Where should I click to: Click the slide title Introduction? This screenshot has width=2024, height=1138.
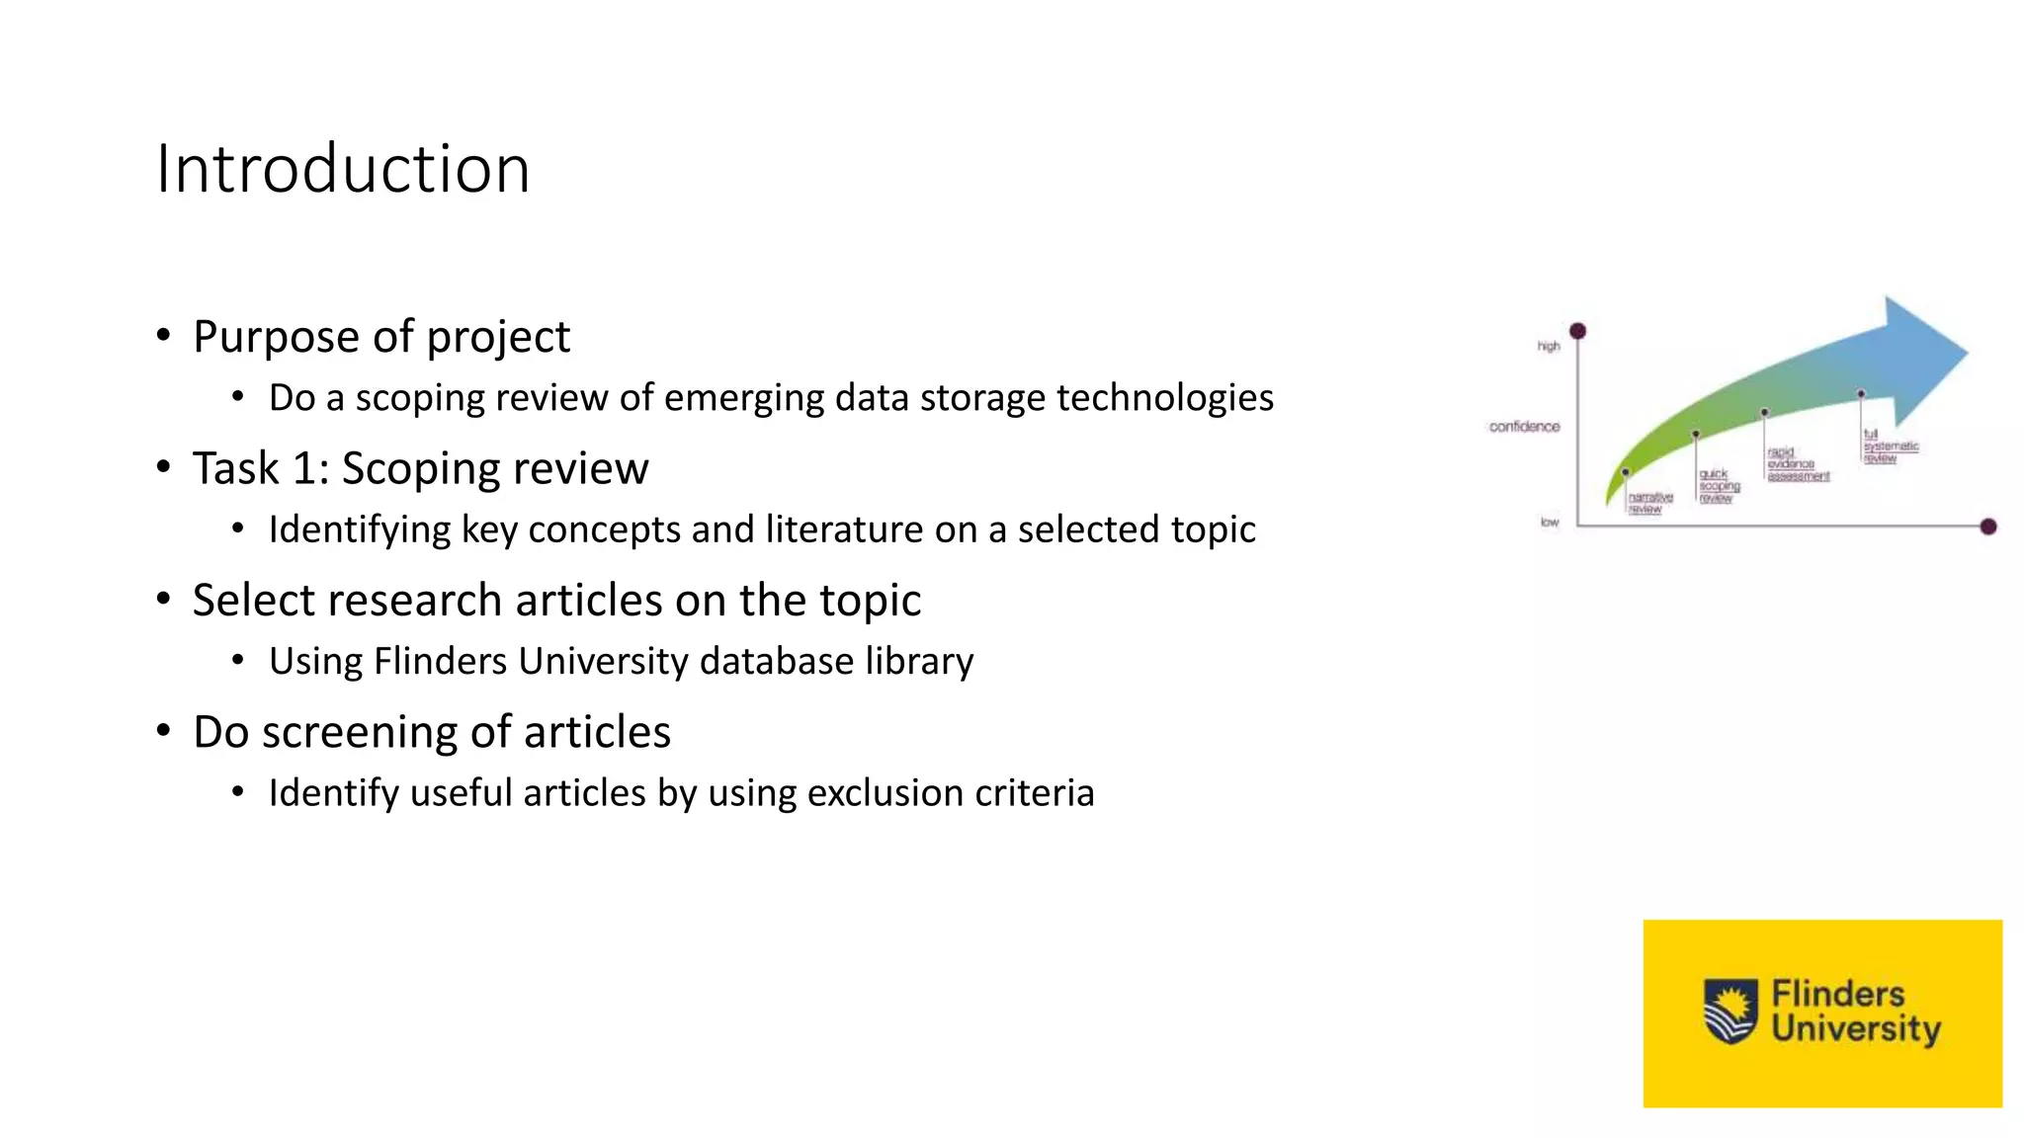[x=343, y=169]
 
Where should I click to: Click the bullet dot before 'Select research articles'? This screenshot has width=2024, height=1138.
[x=164, y=599]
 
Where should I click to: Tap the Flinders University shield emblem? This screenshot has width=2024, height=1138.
[x=1730, y=1011]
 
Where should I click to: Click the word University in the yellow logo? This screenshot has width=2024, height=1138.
[x=1856, y=1029]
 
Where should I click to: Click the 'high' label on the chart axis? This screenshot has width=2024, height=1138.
[x=1549, y=346]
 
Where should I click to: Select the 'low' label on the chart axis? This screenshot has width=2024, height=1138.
[x=1550, y=522]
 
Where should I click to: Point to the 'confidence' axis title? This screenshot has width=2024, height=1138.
[x=1524, y=427]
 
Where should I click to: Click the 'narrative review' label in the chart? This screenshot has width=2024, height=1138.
[x=1649, y=503]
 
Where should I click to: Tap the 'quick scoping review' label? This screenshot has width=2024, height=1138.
[x=1719, y=486]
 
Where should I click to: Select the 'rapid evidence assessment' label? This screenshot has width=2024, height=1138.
[x=1797, y=464]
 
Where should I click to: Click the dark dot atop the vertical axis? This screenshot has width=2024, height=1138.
[x=1578, y=331]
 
